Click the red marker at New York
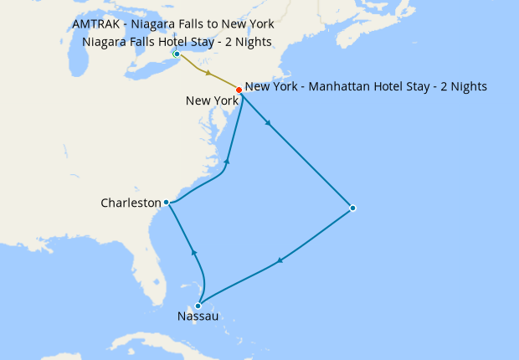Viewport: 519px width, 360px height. click(239, 90)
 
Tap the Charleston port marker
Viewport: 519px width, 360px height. click(167, 202)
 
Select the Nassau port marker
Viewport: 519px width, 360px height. click(198, 306)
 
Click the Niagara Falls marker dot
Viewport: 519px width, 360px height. click(177, 54)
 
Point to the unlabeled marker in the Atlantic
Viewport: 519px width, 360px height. click(352, 208)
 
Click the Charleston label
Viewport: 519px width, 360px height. click(130, 203)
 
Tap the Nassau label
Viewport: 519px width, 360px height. click(198, 316)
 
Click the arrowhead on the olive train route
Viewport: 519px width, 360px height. click(208, 73)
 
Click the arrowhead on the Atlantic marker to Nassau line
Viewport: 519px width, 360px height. click(279, 260)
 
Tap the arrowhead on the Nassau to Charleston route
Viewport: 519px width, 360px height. click(194, 251)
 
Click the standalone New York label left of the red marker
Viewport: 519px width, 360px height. click(212, 100)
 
